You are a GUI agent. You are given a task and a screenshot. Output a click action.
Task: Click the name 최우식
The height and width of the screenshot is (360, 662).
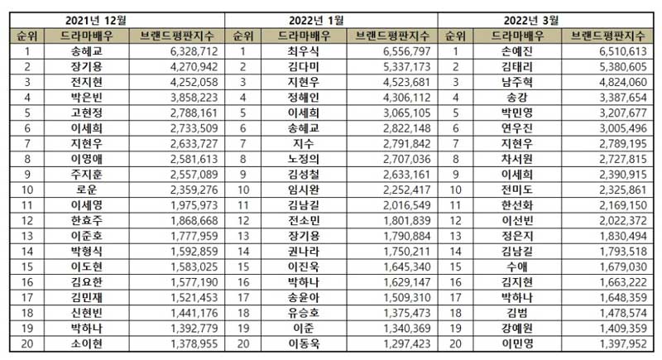coord(298,51)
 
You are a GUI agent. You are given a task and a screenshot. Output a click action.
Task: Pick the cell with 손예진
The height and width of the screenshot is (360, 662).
coord(511,51)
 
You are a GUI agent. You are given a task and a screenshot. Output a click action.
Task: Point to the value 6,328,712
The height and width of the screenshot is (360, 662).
coord(169,51)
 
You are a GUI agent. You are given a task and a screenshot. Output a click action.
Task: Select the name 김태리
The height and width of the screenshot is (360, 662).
coord(511,66)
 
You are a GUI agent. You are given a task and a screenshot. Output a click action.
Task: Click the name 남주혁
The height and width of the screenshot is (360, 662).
coord(511,82)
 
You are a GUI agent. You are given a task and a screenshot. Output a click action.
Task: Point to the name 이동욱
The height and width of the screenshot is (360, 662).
coord(298,343)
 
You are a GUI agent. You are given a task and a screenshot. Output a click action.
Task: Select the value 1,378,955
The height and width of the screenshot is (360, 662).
coord(169,343)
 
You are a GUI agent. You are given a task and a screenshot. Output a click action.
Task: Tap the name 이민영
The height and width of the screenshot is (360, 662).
coord(511,343)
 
